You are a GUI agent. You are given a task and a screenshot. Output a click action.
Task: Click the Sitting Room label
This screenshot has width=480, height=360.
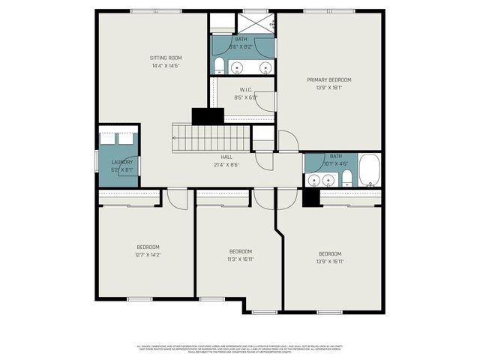tap(165, 58)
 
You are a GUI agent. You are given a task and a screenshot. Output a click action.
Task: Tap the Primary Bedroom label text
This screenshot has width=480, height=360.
tap(328, 79)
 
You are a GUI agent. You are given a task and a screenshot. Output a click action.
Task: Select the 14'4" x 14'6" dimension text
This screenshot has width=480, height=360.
tap(165, 66)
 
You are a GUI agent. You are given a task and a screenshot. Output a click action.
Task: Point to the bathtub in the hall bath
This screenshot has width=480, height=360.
tap(370, 170)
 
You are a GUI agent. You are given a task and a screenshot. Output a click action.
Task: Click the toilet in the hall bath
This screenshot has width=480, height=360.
tap(347, 178)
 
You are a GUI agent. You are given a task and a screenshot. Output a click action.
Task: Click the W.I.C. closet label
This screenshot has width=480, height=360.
tap(245, 89)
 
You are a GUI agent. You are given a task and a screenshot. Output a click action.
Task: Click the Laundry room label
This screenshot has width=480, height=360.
tap(121, 162)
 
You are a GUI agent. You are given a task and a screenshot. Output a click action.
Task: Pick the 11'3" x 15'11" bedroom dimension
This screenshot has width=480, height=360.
tap(240, 259)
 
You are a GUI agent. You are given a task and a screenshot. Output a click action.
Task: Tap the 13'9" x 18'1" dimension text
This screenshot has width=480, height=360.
tap(328, 88)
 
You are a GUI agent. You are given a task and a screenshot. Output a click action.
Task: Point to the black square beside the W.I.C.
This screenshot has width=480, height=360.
tap(208, 116)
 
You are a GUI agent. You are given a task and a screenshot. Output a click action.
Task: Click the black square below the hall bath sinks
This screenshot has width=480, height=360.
tap(311, 197)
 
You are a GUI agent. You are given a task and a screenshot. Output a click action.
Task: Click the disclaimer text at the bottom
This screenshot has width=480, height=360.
tap(239, 349)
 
